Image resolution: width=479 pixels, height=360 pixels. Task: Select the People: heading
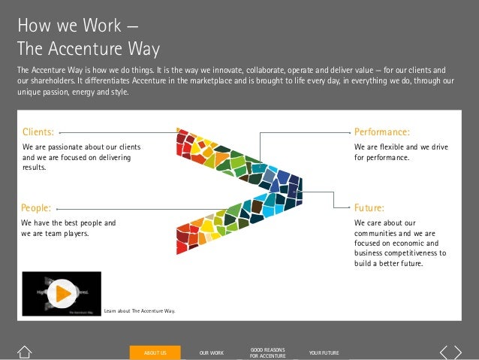(36, 207)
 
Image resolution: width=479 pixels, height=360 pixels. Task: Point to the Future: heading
(369, 207)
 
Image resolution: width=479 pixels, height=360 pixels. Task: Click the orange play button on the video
(62, 292)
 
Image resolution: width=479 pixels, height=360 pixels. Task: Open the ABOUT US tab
(155, 352)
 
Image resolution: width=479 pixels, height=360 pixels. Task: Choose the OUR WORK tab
(212, 352)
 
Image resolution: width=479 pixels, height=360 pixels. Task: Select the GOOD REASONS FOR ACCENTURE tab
(267, 352)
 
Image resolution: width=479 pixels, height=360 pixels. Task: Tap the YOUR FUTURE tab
(324, 352)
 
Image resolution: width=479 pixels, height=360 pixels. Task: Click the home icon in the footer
(25, 352)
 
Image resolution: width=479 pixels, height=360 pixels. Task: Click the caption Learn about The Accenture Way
(139, 310)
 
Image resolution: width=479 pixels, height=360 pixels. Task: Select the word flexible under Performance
(394, 147)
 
